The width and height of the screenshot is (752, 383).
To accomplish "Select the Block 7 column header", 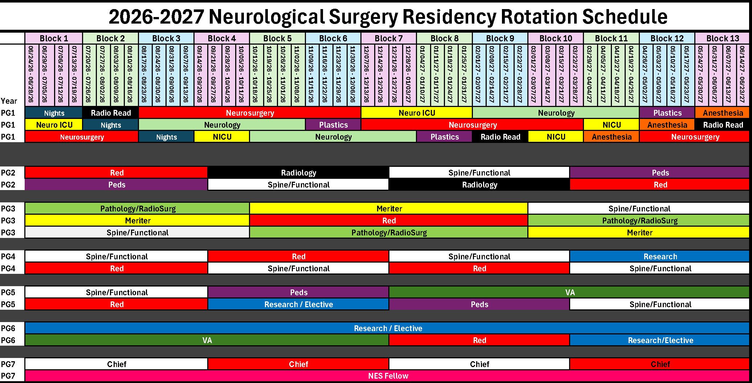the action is (389, 38).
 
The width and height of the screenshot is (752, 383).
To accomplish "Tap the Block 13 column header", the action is (722, 38).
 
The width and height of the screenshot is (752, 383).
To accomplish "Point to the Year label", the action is (9, 101).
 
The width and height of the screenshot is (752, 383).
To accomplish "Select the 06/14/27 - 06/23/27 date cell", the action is (743, 75).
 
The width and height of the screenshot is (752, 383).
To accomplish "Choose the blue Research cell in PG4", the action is (660, 256).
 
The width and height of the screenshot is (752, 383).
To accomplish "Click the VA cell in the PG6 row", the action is (207, 340).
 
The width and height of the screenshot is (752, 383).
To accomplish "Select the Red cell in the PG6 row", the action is (479, 340).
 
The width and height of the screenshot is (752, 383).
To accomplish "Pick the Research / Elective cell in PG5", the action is (298, 304).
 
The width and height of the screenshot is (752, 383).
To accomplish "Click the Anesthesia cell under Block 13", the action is (722, 113).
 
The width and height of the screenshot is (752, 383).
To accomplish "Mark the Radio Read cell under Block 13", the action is (722, 125).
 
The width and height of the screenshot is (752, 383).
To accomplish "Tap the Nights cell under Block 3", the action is (166, 137).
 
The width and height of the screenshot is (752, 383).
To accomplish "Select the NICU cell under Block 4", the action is (222, 137).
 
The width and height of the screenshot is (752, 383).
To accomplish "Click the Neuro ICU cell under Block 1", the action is (54, 125).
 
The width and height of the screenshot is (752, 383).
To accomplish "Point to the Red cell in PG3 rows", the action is (389, 221).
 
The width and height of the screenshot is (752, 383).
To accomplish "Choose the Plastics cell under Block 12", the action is (667, 113).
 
